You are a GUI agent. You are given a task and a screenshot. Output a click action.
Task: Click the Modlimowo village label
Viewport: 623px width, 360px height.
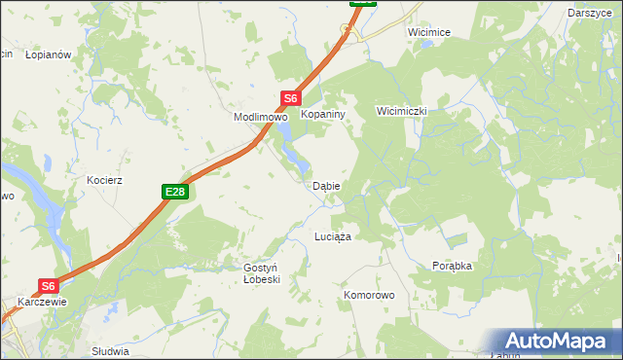(260, 117)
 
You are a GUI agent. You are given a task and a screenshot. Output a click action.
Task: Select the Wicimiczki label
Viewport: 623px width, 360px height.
(402, 111)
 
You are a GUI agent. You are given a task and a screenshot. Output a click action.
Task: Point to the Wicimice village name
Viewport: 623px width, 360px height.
(429, 32)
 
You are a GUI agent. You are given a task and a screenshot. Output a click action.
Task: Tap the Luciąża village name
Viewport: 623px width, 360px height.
(333, 236)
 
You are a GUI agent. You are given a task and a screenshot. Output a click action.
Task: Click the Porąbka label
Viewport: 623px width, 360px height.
(452, 266)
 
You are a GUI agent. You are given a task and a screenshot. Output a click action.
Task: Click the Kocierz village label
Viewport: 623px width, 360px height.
(103, 181)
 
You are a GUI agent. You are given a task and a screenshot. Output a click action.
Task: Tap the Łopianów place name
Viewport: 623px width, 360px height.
(49, 55)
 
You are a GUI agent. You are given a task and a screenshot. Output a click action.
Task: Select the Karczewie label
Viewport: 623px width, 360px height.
(43, 302)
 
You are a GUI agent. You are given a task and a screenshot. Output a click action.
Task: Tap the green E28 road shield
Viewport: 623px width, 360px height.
(174, 193)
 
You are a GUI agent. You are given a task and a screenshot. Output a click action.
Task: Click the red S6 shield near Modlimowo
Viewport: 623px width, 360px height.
(291, 98)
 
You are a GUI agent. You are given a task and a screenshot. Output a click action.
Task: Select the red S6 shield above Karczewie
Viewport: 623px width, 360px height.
(50, 286)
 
